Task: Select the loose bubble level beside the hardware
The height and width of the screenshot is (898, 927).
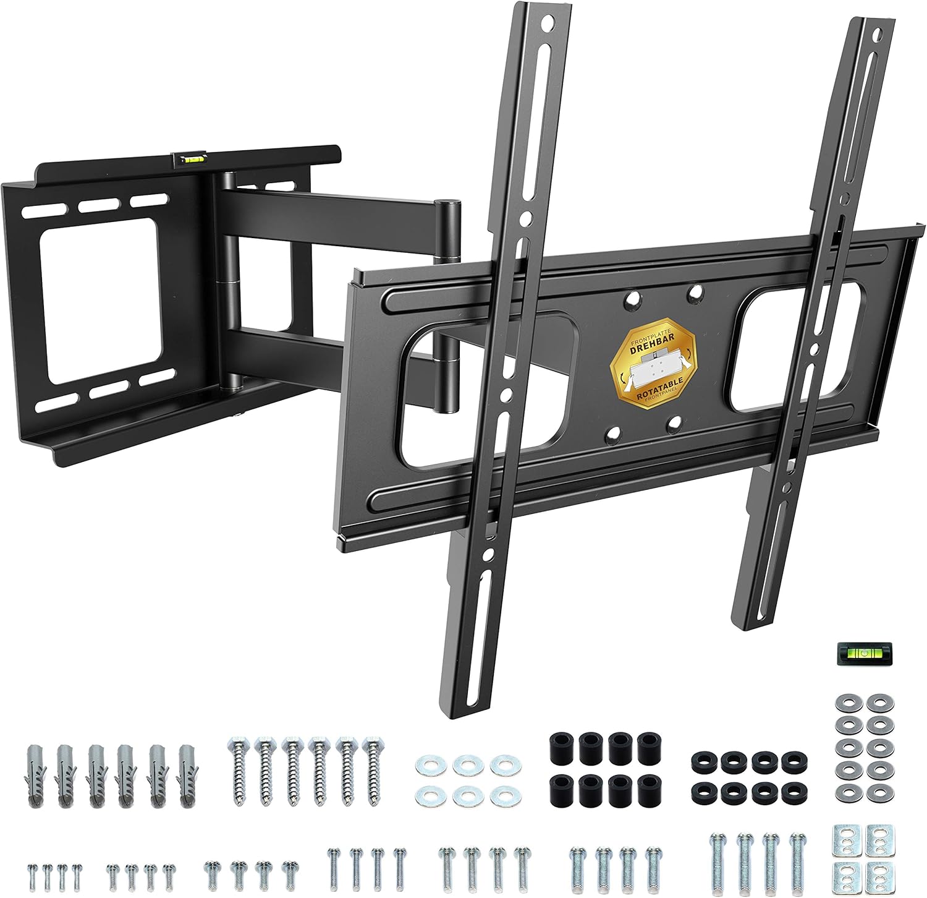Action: pyautogui.click(x=856, y=654)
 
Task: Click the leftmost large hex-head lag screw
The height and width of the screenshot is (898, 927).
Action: pyautogui.click(x=239, y=770)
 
